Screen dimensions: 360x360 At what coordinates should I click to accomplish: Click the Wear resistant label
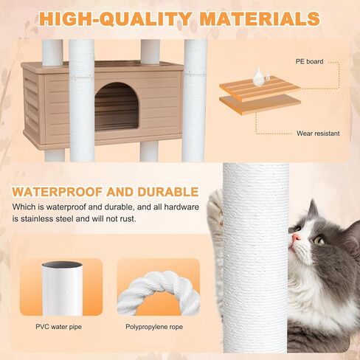[x=319, y=134]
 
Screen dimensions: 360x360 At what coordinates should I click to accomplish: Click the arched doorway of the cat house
[x=117, y=105]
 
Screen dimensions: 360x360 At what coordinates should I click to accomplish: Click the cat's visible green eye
[x=319, y=240]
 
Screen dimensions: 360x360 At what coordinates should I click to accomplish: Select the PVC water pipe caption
[x=72, y=324]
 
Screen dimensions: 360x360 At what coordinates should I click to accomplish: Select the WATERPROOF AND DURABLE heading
[x=105, y=192]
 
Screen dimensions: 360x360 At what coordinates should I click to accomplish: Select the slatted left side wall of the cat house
[x=33, y=105]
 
